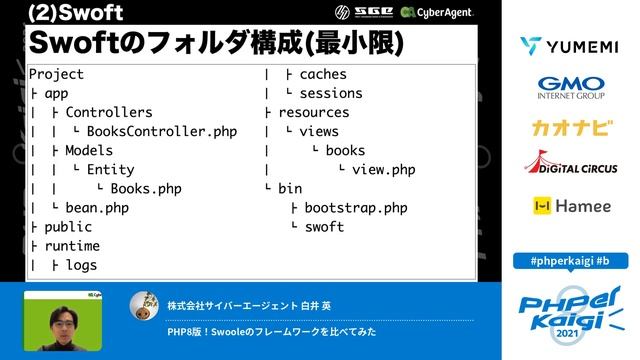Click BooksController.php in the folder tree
(x=161, y=131)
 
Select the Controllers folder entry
(x=109, y=112)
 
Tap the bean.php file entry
(x=97, y=208)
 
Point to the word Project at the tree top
(x=57, y=74)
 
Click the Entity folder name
(x=110, y=170)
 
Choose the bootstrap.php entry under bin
(x=355, y=208)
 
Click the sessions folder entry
(x=331, y=93)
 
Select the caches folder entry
(x=324, y=74)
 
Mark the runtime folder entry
(x=72, y=246)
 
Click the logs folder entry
(x=81, y=265)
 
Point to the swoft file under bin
(x=323, y=227)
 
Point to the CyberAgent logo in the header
(x=436, y=12)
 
